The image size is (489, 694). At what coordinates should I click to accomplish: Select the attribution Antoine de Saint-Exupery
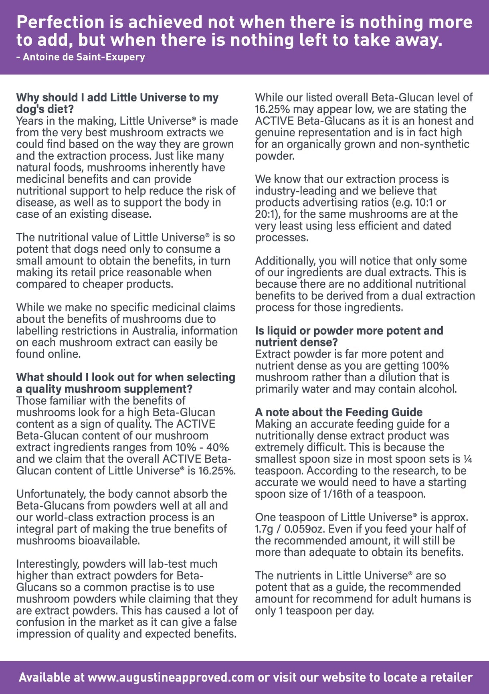(x=84, y=57)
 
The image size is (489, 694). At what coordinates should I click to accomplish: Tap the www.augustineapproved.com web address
(x=171, y=677)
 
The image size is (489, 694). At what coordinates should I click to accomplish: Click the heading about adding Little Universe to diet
(x=117, y=103)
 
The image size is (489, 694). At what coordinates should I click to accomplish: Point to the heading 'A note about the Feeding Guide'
(x=339, y=412)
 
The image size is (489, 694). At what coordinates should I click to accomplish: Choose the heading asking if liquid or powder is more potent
(x=349, y=336)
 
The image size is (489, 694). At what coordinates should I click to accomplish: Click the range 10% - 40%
(x=202, y=447)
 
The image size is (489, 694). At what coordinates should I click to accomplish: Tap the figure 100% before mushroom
(x=435, y=366)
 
